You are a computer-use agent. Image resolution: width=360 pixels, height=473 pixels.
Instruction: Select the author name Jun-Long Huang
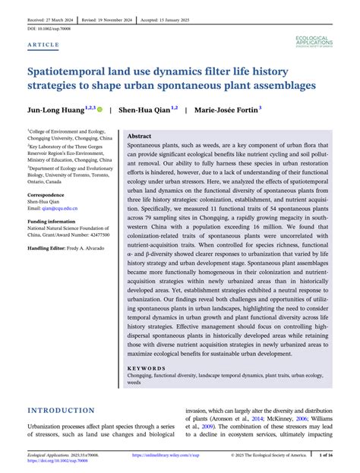pos(57,109)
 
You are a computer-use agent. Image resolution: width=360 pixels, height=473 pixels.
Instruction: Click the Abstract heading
pos(141,134)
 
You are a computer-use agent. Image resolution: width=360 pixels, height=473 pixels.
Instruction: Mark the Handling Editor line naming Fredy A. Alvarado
pos(67,248)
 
